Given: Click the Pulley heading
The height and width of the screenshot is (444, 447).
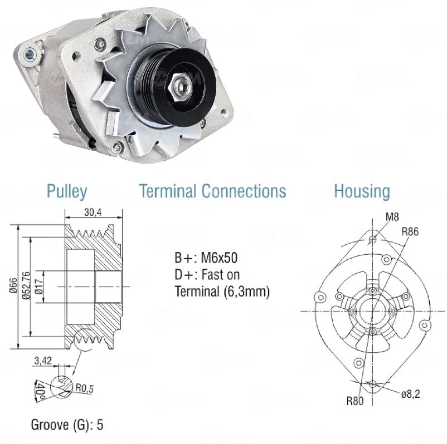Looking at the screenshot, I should [x=66, y=191].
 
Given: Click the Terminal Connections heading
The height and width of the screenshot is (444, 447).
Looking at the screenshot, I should [x=212, y=191].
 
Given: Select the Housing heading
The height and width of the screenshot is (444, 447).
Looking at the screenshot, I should [x=362, y=191].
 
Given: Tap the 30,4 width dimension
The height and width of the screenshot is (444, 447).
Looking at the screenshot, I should [x=93, y=213].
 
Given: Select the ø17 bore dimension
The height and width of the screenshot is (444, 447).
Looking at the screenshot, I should [x=39, y=285].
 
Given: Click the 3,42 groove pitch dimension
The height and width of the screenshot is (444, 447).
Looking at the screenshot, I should [x=43, y=361].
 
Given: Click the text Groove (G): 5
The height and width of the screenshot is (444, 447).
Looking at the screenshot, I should [x=67, y=425].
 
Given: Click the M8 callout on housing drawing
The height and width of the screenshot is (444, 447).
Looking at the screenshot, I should [x=391, y=216].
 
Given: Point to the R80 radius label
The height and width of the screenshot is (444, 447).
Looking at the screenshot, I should [x=354, y=400].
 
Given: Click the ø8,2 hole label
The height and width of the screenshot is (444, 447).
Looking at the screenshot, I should [x=410, y=393].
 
